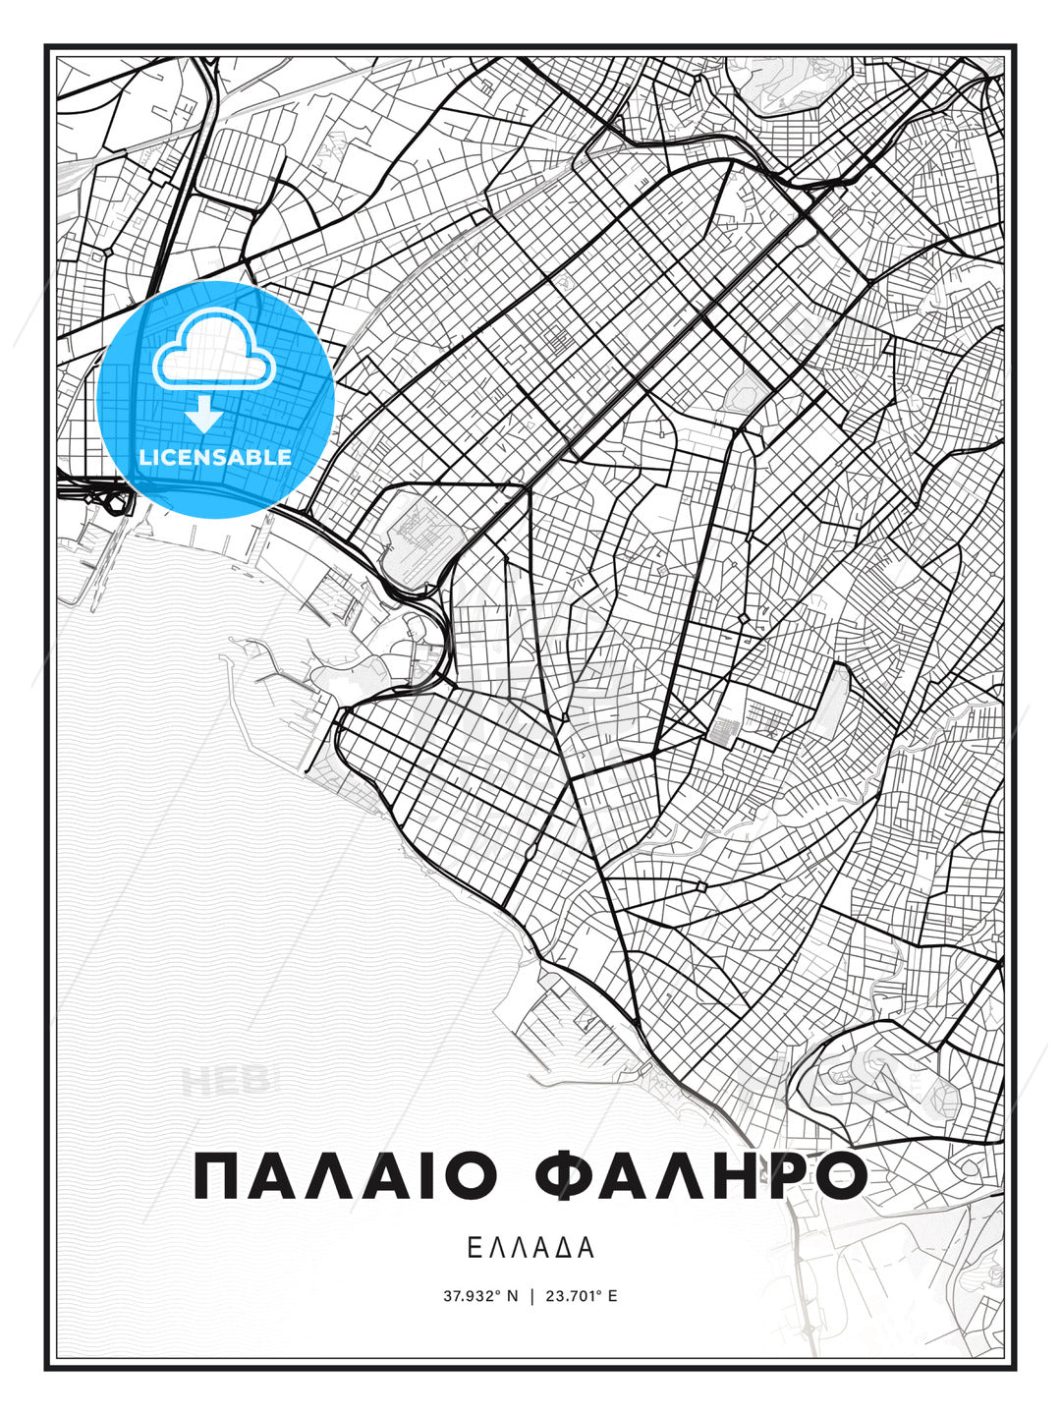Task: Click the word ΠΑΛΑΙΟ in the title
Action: (x=349, y=1176)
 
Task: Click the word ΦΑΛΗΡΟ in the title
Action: (x=700, y=1176)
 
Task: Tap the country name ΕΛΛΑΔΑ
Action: (x=530, y=1248)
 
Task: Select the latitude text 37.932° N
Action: (x=480, y=1296)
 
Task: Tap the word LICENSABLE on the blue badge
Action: (x=215, y=457)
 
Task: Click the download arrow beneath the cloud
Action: (x=204, y=415)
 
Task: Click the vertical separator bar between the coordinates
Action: (x=531, y=1296)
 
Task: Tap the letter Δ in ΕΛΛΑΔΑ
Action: (x=565, y=1248)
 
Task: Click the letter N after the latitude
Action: (x=512, y=1296)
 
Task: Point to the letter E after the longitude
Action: (x=613, y=1296)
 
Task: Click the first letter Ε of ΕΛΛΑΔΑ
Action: (x=474, y=1248)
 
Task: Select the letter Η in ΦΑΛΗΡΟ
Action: (x=724, y=1176)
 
